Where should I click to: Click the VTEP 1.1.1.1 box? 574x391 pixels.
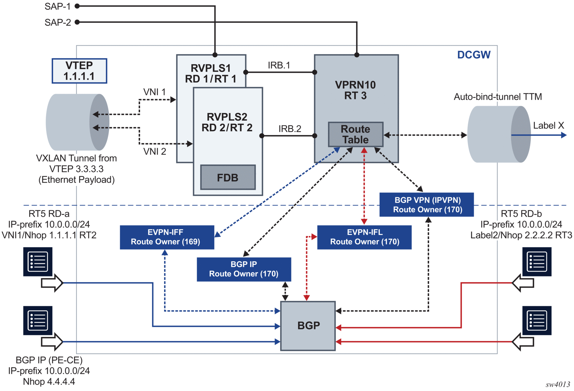(79, 71)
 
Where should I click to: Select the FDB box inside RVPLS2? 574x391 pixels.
(228, 178)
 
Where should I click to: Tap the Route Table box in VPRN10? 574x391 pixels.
(356, 135)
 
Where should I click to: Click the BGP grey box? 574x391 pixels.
(308, 326)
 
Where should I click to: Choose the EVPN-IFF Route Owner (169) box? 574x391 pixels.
(167, 237)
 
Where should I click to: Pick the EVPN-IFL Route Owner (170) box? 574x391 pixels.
(364, 237)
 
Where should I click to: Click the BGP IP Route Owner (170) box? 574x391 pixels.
(244, 269)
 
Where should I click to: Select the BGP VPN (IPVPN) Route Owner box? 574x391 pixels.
(427, 205)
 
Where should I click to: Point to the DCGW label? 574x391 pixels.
(474, 55)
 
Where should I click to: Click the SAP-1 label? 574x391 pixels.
(57, 6)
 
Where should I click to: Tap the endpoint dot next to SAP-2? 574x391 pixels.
(77, 22)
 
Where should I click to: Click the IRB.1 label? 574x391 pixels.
(279, 65)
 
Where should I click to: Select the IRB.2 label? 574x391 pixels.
(290, 129)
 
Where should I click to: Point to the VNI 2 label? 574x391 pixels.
(155, 152)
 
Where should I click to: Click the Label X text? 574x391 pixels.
(548, 126)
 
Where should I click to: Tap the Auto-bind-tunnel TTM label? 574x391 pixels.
(498, 97)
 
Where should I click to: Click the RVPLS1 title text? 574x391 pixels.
(211, 68)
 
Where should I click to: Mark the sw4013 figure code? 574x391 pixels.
(558, 385)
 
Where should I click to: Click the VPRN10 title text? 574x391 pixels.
(355, 85)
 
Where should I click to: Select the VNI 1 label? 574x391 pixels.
(155, 92)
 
